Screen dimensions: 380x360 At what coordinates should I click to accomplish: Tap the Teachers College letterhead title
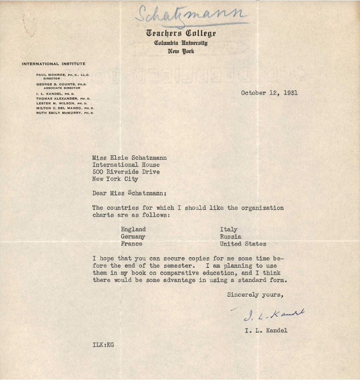click(x=181, y=33)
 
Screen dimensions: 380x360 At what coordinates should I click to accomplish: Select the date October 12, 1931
click(x=269, y=93)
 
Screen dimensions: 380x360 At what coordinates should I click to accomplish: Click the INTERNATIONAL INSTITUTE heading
click(x=54, y=64)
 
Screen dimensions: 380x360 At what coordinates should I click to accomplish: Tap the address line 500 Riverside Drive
click(x=126, y=172)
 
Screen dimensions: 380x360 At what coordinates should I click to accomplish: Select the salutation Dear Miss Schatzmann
click(x=129, y=193)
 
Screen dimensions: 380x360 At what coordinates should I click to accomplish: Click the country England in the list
click(x=133, y=230)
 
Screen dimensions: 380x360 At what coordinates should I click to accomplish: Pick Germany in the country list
click(x=133, y=237)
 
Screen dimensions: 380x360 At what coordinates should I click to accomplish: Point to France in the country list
click(x=132, y=244)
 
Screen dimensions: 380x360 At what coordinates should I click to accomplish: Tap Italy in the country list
click(x=228, y=230)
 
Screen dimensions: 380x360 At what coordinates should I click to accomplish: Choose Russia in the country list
click(x=231, y=237)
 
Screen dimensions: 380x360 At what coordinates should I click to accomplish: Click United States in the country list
click(x=243, y=244)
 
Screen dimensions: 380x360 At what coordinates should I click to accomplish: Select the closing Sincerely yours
click(x=255, y=295)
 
